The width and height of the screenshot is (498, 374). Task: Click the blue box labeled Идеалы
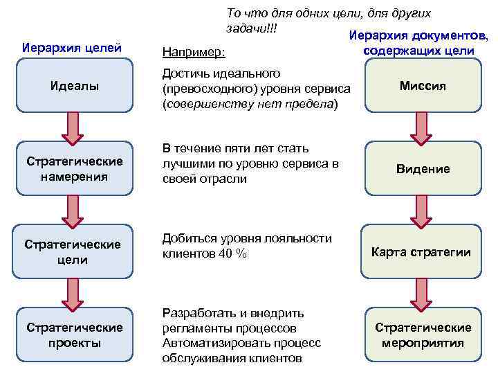(74, 85)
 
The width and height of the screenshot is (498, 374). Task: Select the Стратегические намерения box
(74, 168)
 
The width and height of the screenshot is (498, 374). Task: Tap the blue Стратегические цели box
(74, 251)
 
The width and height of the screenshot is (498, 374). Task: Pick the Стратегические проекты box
(74, 335)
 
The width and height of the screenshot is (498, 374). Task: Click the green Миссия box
(423, 85)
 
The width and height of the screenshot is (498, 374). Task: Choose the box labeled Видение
(423, 168)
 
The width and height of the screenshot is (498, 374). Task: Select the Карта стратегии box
(423, 251)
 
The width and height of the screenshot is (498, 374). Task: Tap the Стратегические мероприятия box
(423, 335)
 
